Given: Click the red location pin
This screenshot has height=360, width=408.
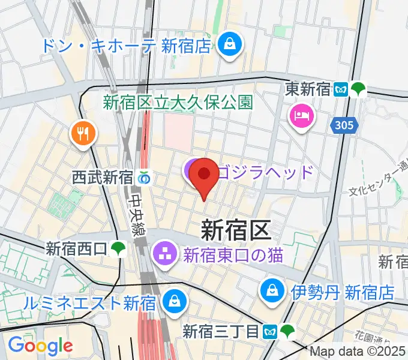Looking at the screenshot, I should click(204, 175).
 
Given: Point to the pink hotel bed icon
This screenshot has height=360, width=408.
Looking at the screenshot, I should click(299, 114).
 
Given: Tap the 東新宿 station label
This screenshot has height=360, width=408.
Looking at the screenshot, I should click(308, 89).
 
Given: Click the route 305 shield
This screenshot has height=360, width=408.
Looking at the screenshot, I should click(344, 125).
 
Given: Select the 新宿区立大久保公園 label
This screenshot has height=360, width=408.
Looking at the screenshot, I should click(178, 103).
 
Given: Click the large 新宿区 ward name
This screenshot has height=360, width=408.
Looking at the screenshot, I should click(236, 229).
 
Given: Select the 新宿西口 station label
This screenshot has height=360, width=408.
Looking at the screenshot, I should click(76, 248).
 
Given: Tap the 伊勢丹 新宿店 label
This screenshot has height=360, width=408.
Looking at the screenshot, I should click(343, 292).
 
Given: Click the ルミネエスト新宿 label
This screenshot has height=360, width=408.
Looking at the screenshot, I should click(90, 302).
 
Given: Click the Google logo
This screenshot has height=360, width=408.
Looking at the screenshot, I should click(40, 345).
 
